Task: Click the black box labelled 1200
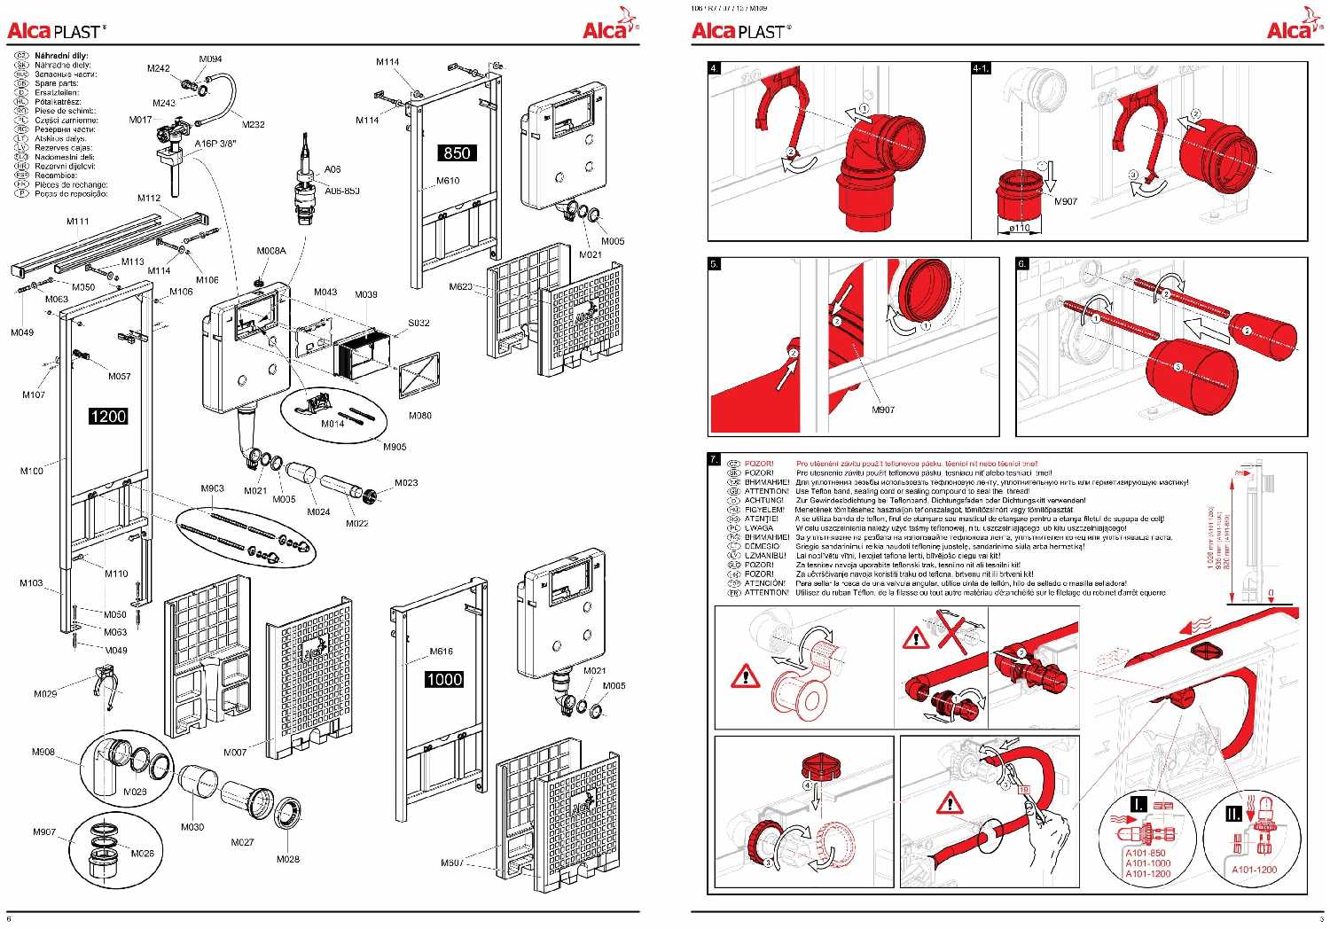pos(108,416)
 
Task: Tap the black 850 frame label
pos(457,152)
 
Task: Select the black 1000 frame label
pos(443,679)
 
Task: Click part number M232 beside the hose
pos(253,125)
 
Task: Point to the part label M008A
pos(272,251)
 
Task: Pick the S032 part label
pos(419,324)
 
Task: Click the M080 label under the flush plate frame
pos(419,415)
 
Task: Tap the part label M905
pos(395,447)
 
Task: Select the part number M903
pos(213,488)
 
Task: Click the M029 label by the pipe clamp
pos(45,693)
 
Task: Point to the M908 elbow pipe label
pos(43,752)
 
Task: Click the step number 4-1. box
pos(981,68)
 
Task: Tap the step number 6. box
pos(1022,264)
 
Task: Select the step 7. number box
pos(715,459)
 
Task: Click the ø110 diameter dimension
pos(1021,228)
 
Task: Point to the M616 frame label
pos(441,652)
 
